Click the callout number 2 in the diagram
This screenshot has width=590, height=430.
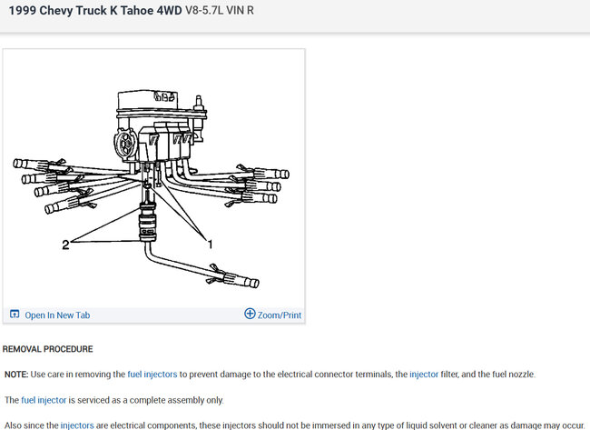click(65, 245)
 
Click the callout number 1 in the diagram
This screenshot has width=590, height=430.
click(210, 245)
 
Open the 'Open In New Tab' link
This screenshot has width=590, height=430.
click(57, 315)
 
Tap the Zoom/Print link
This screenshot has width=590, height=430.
click(280, 315)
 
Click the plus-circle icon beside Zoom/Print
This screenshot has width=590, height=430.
click(250, 314)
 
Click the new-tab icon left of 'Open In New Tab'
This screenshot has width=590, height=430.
click(15, 314)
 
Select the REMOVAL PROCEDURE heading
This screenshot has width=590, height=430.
click(47, 349)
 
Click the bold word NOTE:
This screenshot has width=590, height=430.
click(16, 375)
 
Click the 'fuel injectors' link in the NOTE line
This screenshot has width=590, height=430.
click(152, 375)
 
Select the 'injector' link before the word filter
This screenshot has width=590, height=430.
click(424, 375)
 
